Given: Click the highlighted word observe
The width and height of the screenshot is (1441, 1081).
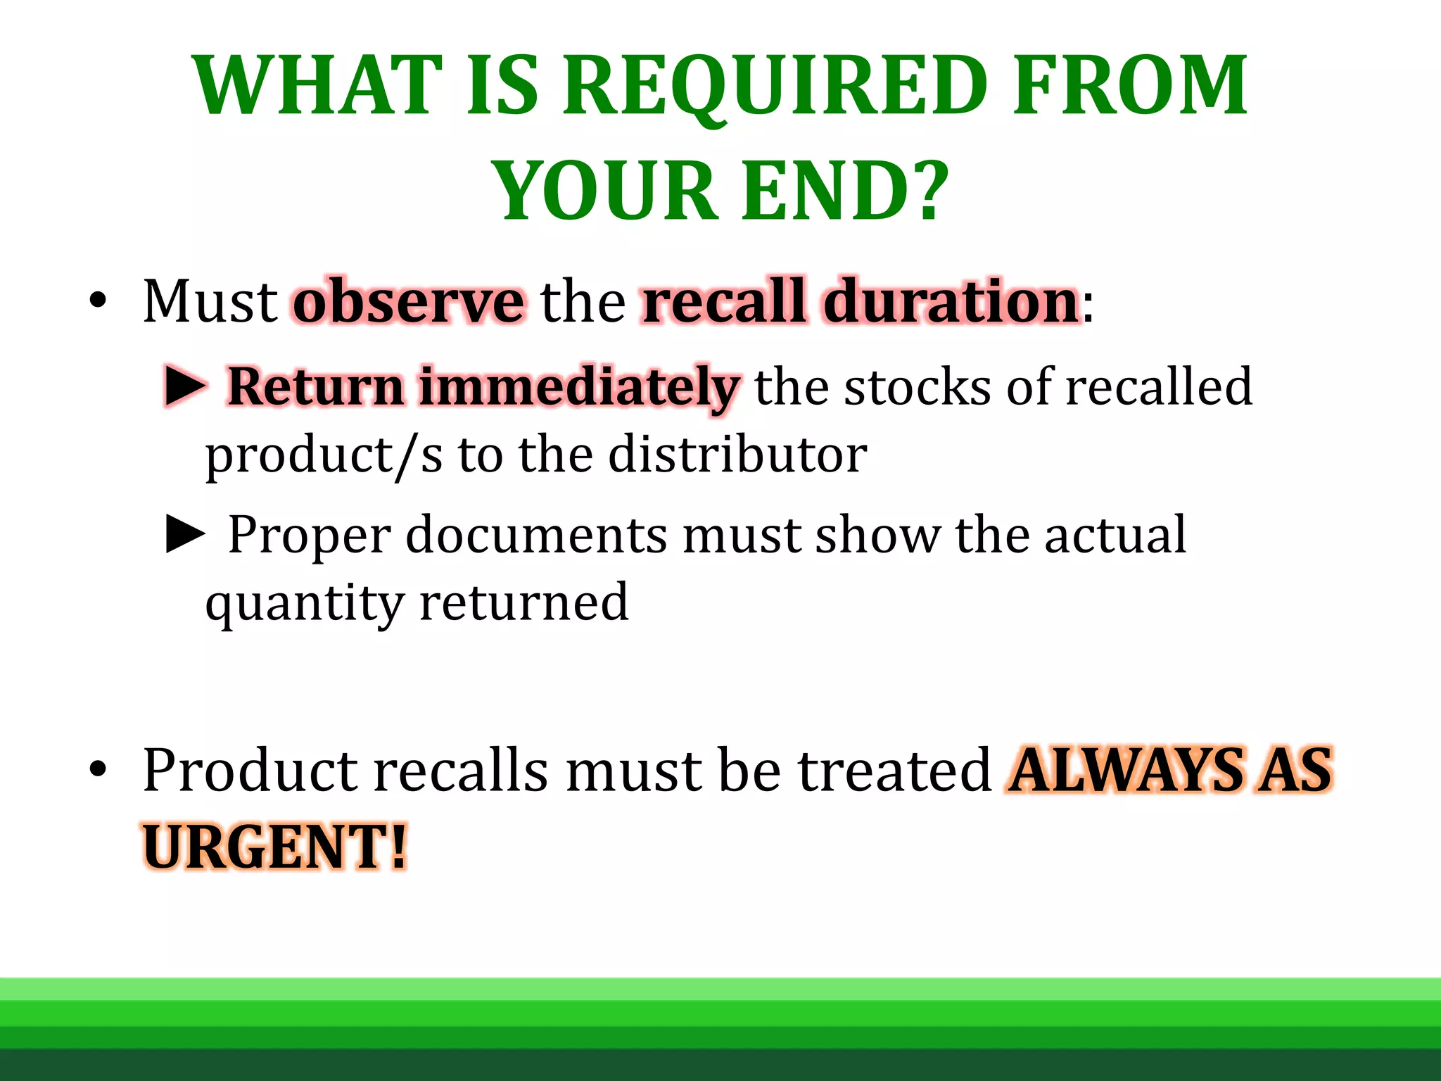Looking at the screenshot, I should [x=408, y=301].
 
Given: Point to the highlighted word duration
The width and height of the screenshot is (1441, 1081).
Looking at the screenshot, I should [x=951, y=301].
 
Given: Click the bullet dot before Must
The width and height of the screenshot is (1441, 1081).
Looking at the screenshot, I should [x=98, y=302].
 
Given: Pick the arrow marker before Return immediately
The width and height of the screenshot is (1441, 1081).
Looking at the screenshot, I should [x=186, y=386].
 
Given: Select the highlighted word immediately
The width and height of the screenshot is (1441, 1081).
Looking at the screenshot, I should [x=578, y=388].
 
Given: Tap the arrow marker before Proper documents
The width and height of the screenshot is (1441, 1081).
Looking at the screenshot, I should [x=186, y=534].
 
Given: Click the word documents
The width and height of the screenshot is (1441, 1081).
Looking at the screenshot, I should [x=535, y=535].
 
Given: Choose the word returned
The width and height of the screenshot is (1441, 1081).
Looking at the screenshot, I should [x=523, y=602].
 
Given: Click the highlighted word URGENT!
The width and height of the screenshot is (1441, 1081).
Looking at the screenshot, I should [x=275, y=847].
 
